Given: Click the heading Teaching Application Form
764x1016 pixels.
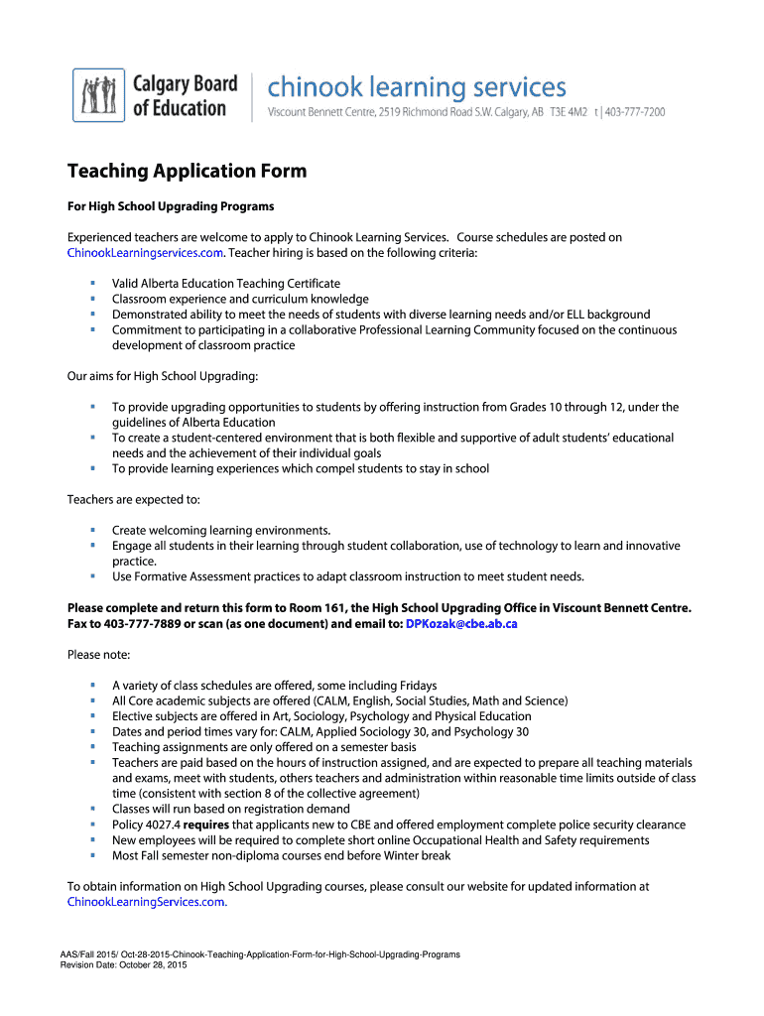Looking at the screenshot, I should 187,172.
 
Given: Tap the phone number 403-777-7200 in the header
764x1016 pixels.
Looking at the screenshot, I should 635,113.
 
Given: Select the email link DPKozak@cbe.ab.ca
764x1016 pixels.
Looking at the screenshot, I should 461,623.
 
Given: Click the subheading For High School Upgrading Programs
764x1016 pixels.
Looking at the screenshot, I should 170,206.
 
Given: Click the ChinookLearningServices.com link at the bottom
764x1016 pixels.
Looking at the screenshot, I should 147,902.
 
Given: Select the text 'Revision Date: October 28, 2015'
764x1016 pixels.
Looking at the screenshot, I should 124,964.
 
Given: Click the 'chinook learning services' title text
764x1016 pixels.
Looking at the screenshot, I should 417,87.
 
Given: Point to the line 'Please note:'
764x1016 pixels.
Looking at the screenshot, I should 98,655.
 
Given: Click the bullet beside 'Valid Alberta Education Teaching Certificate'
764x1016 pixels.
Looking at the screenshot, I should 91,283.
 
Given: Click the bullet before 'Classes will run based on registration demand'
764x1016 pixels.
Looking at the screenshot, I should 91,809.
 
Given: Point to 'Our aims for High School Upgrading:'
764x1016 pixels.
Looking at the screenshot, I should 163,376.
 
